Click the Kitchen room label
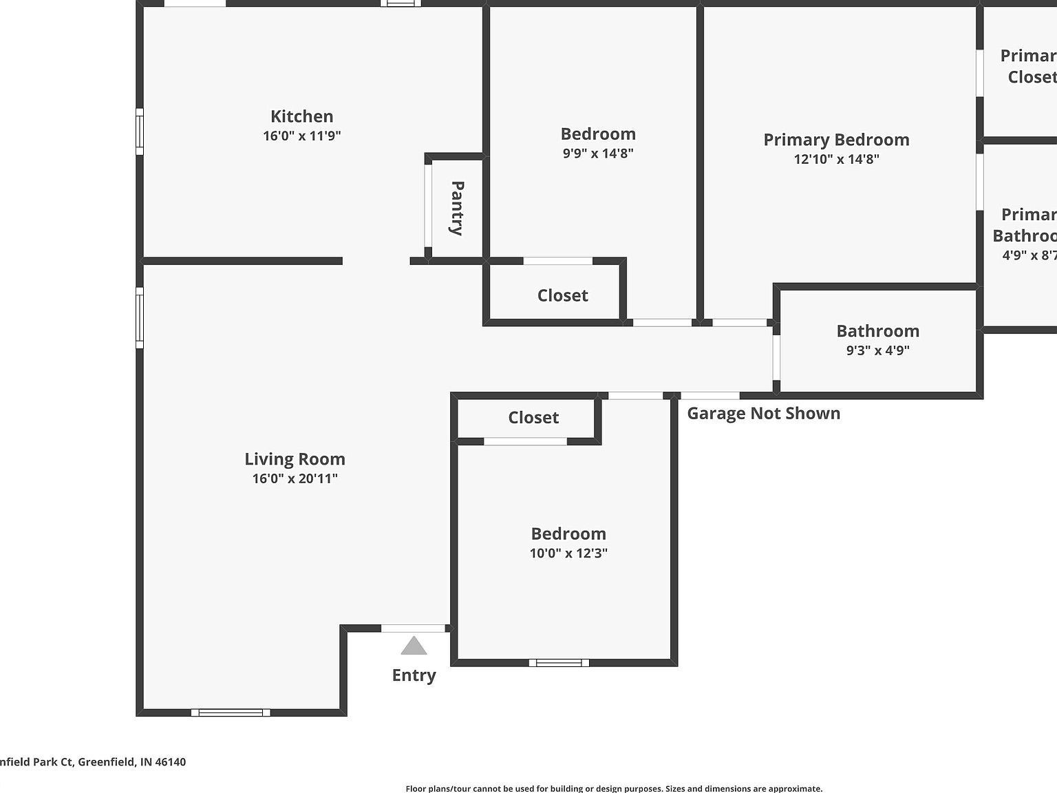[x=301, y=116]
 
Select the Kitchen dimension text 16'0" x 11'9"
[x=301, y=136]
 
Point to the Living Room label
[x=295, y=459]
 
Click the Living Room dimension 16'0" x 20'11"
[x=295, y=478]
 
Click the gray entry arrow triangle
[x=414, y=646]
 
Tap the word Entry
[x=414, y=675]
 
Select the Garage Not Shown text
[x=763, y=413]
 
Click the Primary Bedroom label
[x=836, y=140]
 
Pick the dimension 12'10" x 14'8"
[x=836, y=159]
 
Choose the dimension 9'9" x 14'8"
[x=598, y=153]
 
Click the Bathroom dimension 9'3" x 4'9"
[x=877, y=350]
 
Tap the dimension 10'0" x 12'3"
[x=568, y=553]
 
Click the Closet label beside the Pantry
[x=562, y=295]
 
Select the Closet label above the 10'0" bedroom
[x=533, y=418]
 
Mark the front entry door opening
[x=413, y=628]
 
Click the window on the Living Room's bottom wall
[x=231, y=712]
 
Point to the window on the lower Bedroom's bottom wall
[x=559, y=663]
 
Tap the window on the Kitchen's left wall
[x=140, y=131]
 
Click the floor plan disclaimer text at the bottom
[x=614, y=789]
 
